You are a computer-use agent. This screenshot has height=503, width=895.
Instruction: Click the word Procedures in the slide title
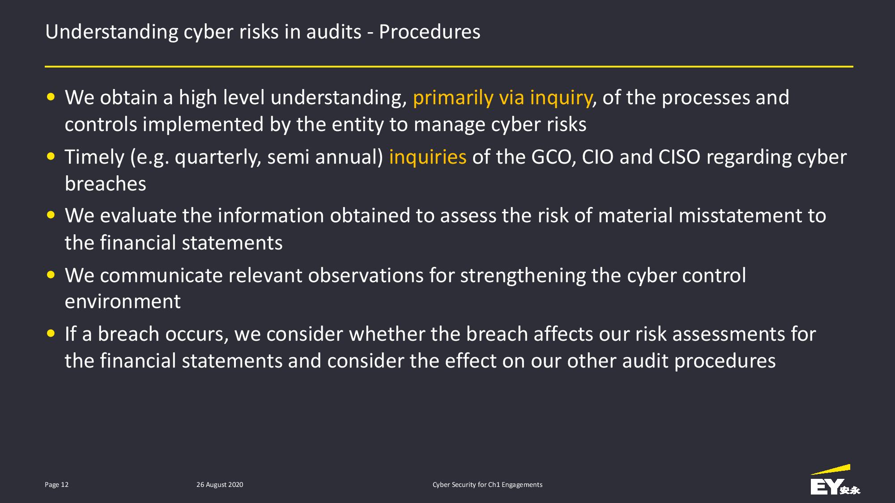click(x=430, y=32)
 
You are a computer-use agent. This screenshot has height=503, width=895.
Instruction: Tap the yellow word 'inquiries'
click(x=428, y=157)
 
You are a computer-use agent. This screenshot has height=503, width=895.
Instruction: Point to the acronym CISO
click(x=679, y=157)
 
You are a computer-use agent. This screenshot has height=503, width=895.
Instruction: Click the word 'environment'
click(x=123, y=302)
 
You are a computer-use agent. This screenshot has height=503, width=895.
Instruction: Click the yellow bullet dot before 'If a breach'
click(x=51, y=334)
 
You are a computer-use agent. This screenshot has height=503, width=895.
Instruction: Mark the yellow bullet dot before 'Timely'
click(x=51, y=156)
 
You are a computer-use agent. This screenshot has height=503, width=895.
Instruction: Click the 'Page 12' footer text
click(x=57, y=485)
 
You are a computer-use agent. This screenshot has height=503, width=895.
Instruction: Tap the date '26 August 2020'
click(x=220, y=485)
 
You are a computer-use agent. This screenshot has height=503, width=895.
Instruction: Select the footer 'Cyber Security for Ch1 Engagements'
click(x=487, y=485)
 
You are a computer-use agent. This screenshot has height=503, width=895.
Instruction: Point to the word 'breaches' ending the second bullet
click(x=106, y=184)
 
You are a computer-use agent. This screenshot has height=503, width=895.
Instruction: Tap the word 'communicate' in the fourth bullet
click(x=162, y=275)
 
